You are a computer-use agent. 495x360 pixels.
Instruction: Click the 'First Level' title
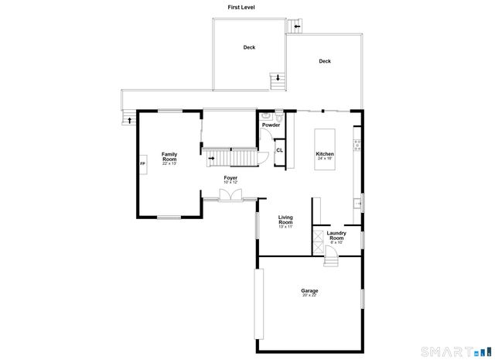point(241,7)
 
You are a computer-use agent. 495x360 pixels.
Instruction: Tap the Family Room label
point(169,156)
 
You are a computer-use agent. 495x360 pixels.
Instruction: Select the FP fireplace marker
point(142,164)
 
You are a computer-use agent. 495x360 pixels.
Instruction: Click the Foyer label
point(230,178)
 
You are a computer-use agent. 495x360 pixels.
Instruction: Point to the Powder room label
point(271,125)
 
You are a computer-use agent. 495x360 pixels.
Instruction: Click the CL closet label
point(279,150)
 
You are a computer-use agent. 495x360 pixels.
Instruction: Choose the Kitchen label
point(325,153)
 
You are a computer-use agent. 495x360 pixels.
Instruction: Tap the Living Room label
point(286,220)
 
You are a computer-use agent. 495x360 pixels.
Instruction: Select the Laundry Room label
point(336,235)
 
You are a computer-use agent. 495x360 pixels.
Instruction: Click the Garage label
point(309,290)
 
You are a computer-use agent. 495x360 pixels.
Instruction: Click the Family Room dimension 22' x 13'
point(169,164)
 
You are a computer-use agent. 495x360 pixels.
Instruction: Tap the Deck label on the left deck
point(249,47)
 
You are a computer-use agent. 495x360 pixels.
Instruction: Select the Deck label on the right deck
point(325,61)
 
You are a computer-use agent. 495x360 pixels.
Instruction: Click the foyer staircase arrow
point(212,158)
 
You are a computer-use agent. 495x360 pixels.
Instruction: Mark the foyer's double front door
point(230,197)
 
